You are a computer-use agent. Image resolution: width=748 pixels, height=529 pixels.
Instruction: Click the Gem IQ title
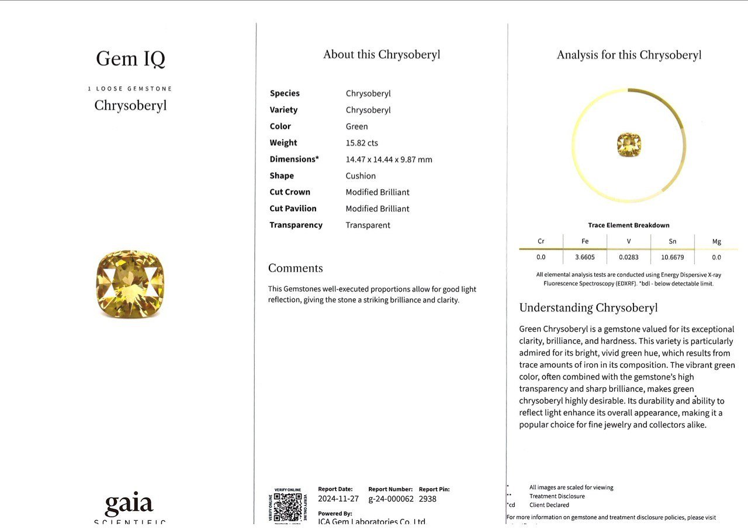(130, 59)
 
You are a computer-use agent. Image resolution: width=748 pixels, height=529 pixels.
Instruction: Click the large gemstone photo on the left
(130, 284)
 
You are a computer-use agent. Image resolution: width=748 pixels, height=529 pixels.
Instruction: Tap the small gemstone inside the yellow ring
(629, 144)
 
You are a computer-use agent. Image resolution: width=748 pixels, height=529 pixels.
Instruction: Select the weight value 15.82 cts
(362, 143)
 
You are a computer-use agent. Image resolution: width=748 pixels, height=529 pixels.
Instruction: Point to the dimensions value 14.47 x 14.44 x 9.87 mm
(389, 159)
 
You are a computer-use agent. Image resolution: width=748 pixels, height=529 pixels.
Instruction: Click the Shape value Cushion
(361, 176)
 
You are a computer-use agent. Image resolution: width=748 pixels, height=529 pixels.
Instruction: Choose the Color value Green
(356, 127)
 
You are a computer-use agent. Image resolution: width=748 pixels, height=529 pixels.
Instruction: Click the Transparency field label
(296, 225)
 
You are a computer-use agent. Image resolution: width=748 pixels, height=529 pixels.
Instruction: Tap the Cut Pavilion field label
(293, 208)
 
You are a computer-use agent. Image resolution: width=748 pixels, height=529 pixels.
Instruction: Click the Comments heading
(295, 269)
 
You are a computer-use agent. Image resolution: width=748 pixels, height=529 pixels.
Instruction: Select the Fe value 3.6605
(584, 257)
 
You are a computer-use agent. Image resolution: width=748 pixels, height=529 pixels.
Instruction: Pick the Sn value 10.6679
(672, 257)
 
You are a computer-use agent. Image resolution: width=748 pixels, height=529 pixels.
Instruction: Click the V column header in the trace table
(628, 241)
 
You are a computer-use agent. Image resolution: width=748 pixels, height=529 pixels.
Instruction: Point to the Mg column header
(716, 241)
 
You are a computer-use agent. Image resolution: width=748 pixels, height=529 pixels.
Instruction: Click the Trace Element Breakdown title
(628, 225)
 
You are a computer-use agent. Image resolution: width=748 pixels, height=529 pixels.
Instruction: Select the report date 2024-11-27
(338, 499)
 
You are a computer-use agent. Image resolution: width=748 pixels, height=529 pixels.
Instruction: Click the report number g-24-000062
(390, 499)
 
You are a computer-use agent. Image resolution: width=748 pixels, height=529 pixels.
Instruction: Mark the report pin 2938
(428, 499)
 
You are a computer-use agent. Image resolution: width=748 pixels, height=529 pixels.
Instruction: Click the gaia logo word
(129, 504)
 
